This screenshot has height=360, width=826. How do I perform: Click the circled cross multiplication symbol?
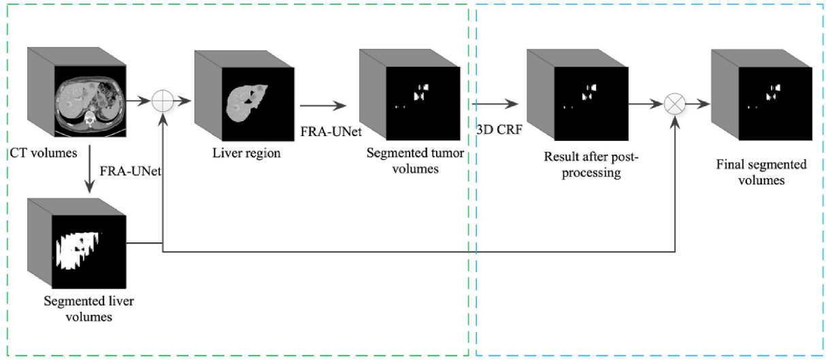pyautogui.click(x=675, y=105)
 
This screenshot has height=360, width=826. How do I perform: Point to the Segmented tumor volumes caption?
pyautogui.click(x=415, y=161)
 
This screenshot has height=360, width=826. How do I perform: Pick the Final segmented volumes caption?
pyautogui.click(x=761, y=172)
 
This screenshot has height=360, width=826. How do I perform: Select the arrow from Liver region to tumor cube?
pyautogui.click(x=324, y=105)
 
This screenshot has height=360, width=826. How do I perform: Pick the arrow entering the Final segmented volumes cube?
pyautogui.click(x=696, y=105)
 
